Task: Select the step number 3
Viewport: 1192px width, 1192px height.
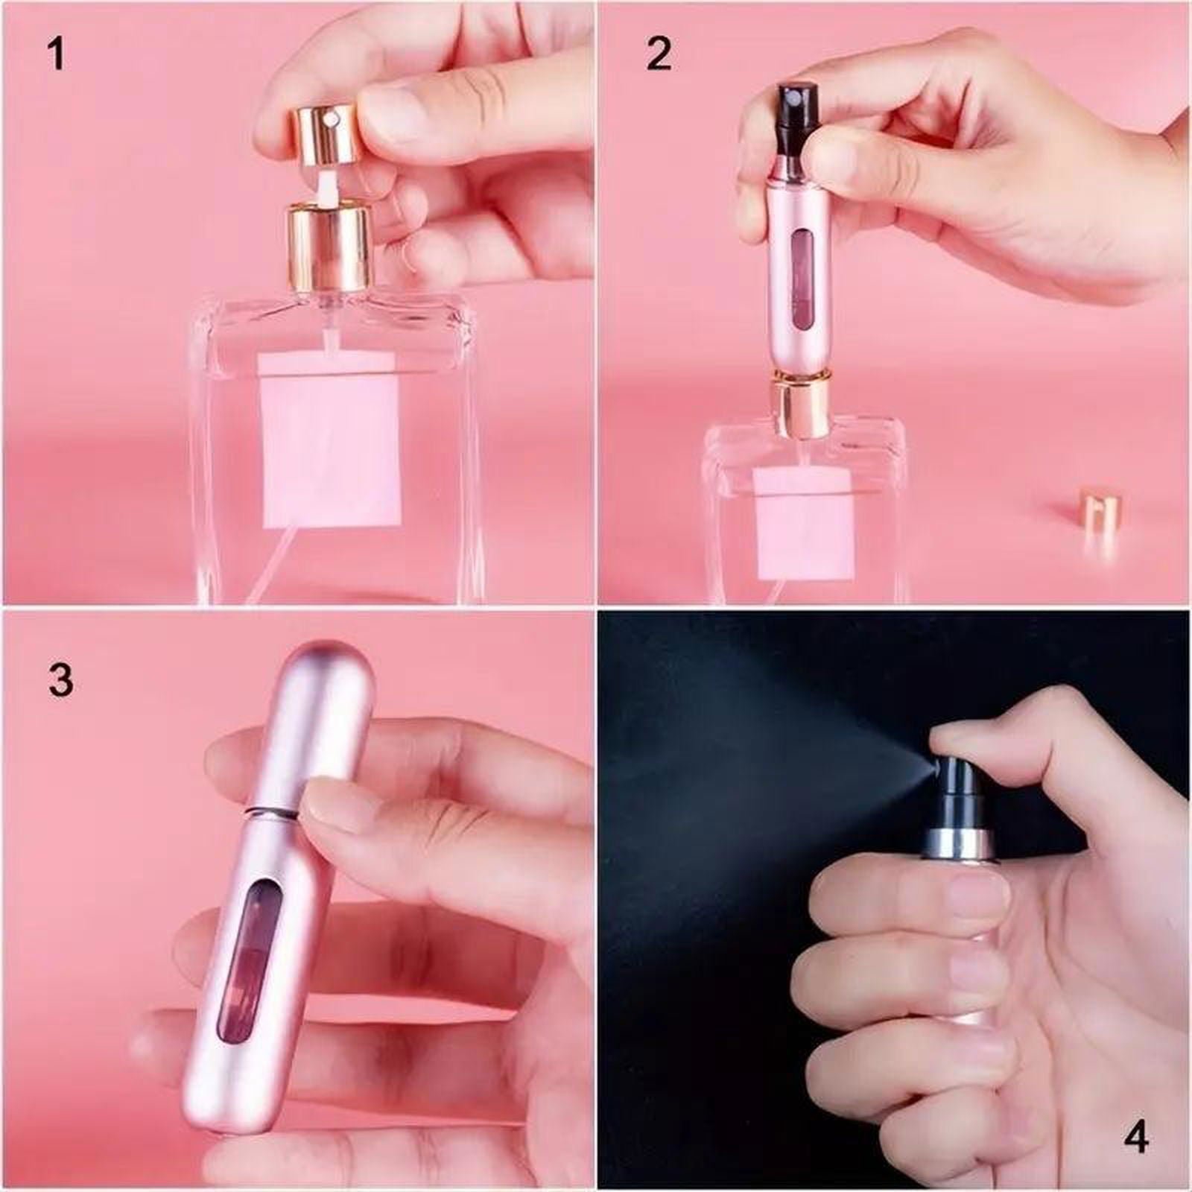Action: (60, 679)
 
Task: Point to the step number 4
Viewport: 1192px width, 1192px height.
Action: (1134, 1138)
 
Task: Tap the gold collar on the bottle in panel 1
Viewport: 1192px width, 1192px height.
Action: (329, 238)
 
